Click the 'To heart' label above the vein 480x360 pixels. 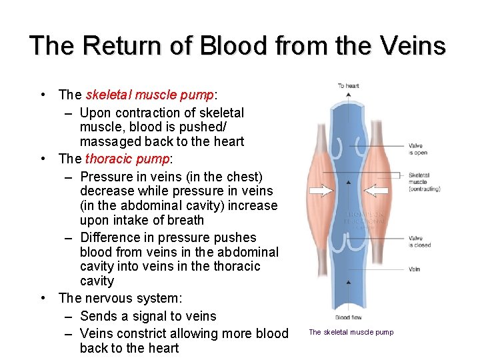point(348,85)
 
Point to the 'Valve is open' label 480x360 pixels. point(419,149)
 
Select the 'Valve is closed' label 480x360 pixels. point(420,241)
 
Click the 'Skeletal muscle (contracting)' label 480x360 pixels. point(424,182)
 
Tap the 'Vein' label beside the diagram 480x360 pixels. point(414,270)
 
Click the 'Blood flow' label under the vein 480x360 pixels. point(348,317)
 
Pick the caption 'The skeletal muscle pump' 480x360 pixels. point(351,332)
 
